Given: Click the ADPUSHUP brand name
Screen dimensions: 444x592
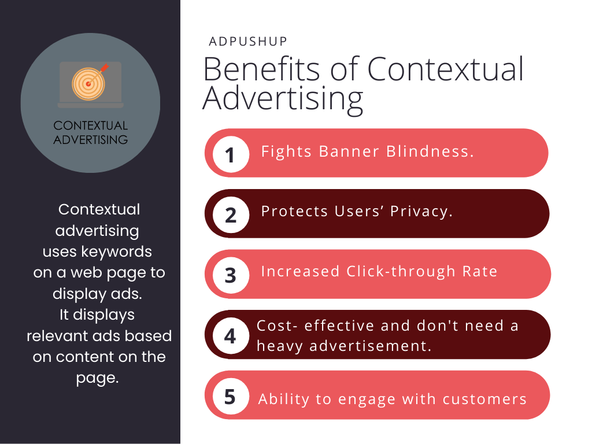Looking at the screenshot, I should pyautogui.click(x=248, y=42).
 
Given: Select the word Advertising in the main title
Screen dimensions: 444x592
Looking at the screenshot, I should pyautogui.click(x=283, y=99).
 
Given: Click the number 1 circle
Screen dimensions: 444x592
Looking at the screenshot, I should pyautogui.click(x=231, y=154).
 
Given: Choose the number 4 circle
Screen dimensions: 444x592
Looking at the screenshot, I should pyautogui.click(x=231, y=335).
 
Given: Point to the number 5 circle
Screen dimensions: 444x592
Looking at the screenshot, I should pyautogui.click(x=231, y=397).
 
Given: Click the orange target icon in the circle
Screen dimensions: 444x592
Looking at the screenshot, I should pyautogui.click(x=88, y=83).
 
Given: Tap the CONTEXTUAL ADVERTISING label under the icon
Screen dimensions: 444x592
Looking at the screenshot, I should pyautogui.click(x=90, y=132).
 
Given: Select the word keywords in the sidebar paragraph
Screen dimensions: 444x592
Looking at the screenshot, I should pyautogui.click(x=123, y=252).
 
